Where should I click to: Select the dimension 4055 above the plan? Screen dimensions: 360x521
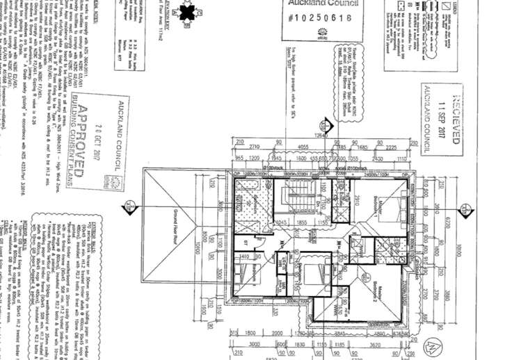[302, 147]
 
